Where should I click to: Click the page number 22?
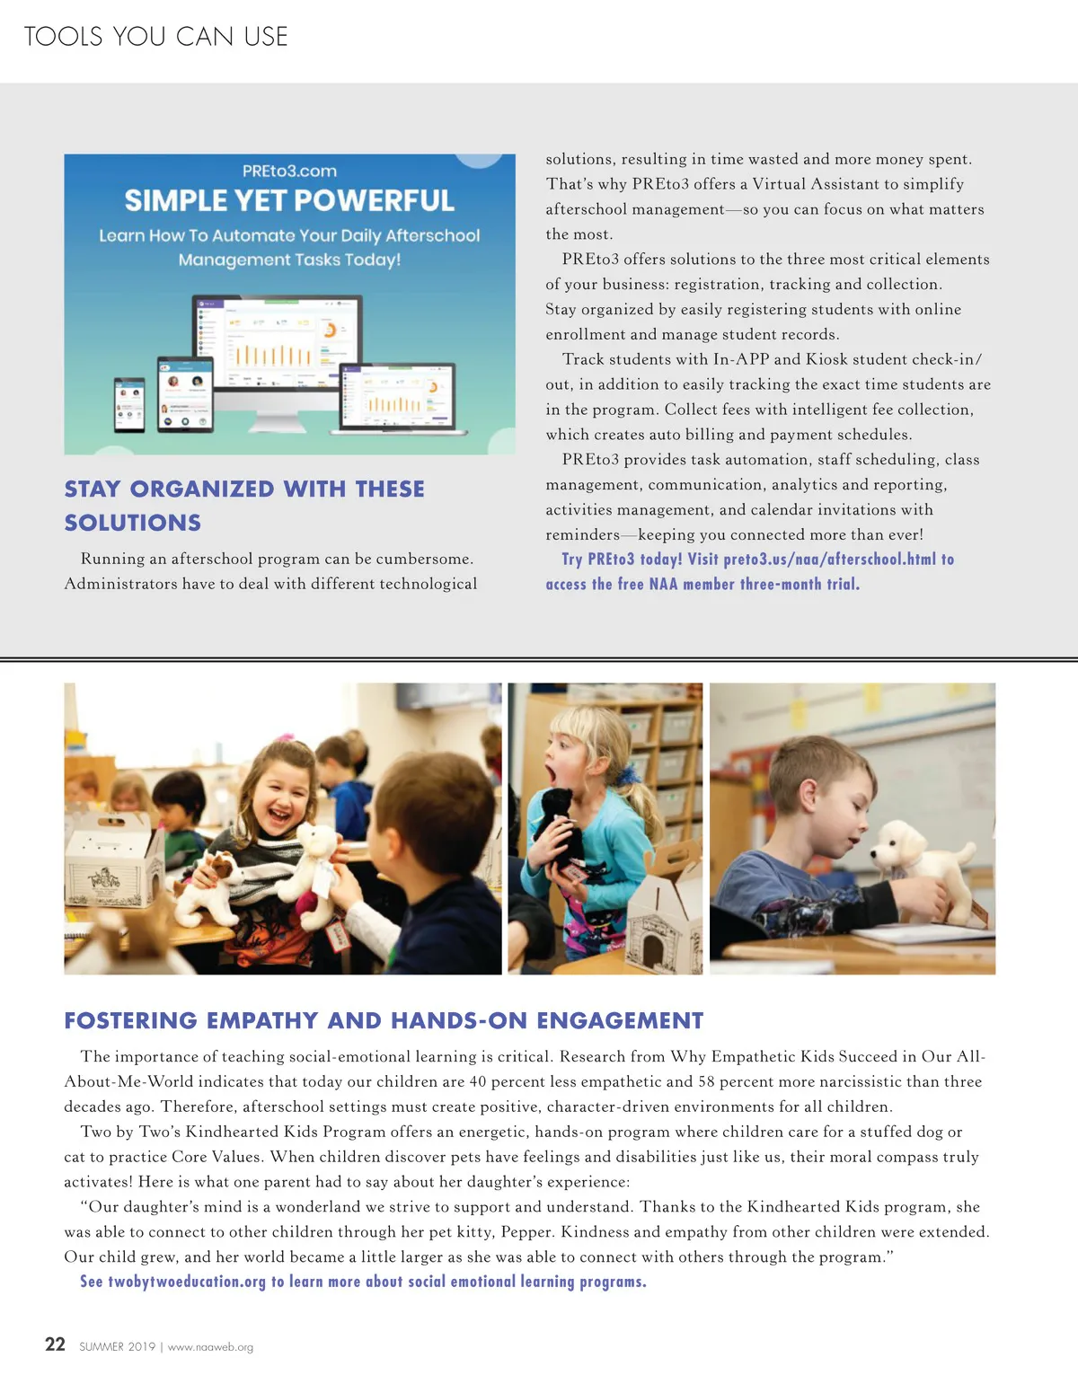click(55, 1344)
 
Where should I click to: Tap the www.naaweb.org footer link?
click(210, 1347)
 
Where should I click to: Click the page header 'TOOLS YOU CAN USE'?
click(155, 37)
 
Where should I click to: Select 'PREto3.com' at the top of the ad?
click(289, 172)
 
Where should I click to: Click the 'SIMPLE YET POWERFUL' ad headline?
click(289, 201)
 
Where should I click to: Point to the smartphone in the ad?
click(129, 405)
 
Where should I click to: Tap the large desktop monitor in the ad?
click(279, 346)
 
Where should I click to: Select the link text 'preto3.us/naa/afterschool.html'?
click(829, 560)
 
